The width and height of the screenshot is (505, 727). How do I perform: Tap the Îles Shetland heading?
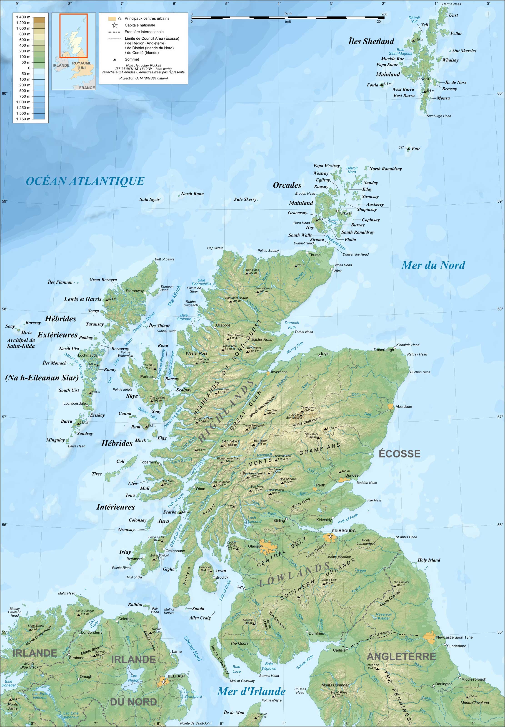371,41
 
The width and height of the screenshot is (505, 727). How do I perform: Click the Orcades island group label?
287,185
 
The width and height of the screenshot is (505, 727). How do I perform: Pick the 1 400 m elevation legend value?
23,17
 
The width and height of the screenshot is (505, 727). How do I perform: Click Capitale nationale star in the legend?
115,25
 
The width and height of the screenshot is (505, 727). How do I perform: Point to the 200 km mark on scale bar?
384,14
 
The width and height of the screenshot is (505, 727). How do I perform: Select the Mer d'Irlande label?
251,691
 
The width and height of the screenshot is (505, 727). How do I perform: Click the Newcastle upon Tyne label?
454,637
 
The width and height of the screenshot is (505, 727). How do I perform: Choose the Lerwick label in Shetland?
422,79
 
